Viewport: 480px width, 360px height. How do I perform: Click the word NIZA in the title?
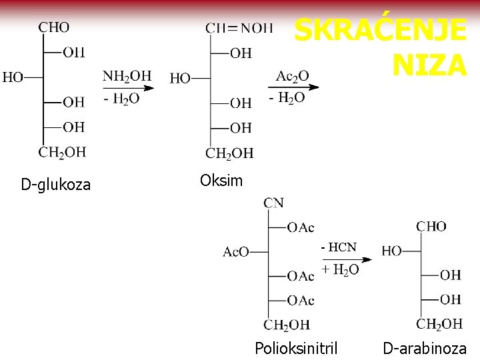(x=429, y=65)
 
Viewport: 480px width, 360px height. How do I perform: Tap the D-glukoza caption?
(x=55, y=185)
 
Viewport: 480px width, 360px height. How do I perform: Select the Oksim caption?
(x=221, y=181)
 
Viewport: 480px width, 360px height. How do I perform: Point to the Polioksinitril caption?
(x=296, y=348)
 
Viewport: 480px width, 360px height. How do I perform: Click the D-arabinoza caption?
(x=425, y=348)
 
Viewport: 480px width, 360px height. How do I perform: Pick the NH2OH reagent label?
(x=127, y=76)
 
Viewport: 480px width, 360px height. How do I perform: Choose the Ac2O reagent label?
(x=292, y=76)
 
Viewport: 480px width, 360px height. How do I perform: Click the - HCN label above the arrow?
(x=339, y=247)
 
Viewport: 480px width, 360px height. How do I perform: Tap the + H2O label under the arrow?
(x=340, y=269)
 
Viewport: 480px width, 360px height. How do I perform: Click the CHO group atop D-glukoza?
(x=53, y=27)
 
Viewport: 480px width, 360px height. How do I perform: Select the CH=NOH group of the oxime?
(x=239, y=28)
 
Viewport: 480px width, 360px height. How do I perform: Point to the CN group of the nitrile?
(x=273, y=203)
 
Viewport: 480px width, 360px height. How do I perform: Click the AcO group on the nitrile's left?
(x=236, y=252)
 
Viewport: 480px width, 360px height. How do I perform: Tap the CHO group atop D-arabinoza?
(x=431, y=227)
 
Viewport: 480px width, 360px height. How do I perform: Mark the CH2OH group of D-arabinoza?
(x=439, y=324)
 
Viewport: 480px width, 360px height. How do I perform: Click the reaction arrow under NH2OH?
(x=129, y=87)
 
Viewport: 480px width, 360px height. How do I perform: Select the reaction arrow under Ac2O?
(x=294, y=87)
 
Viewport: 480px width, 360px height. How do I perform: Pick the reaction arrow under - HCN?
(x=346, y=259)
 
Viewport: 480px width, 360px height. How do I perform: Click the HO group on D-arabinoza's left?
(x=392, y=251)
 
